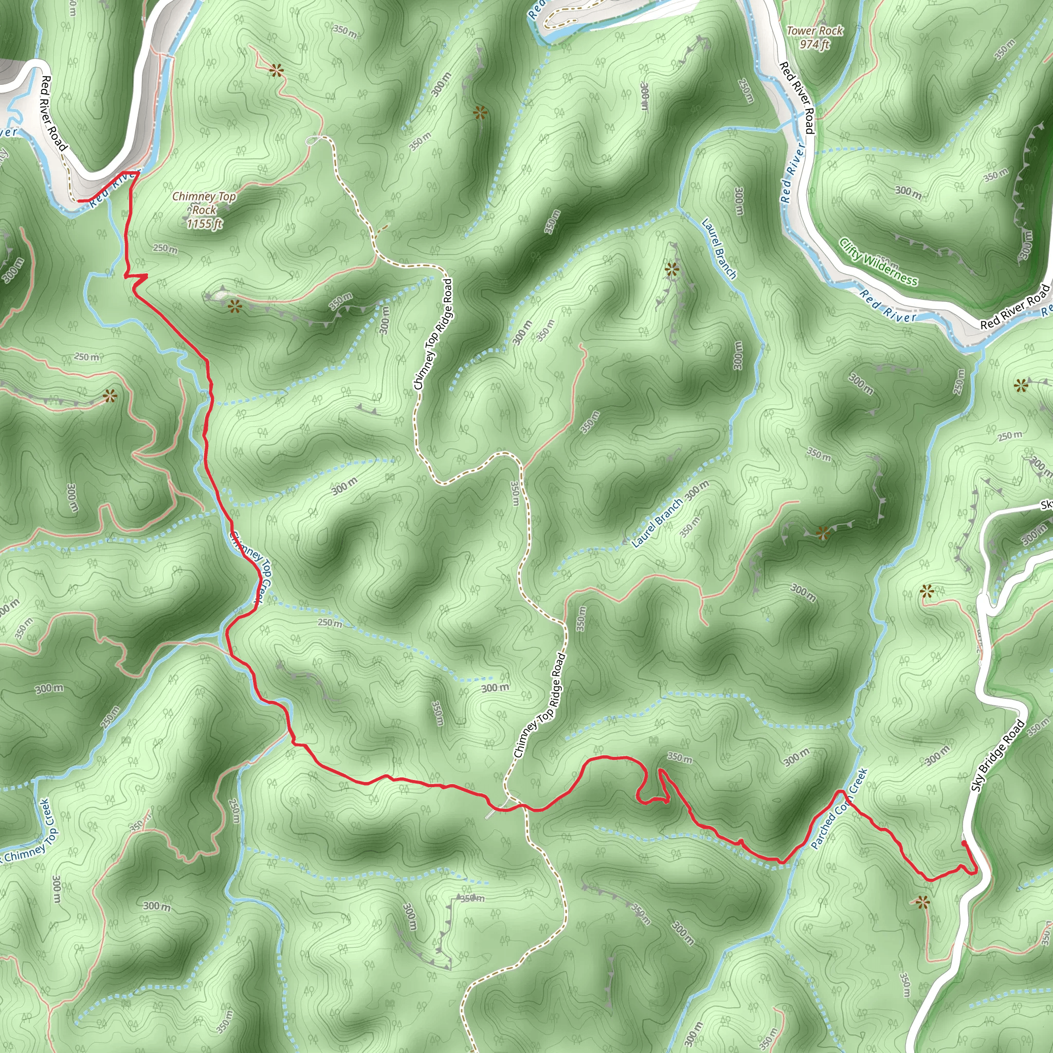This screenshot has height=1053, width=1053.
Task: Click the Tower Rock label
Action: tap(814, 31)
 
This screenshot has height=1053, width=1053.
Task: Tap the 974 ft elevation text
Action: tap(814, 44)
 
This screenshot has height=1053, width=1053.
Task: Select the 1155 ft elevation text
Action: tap(205, 224)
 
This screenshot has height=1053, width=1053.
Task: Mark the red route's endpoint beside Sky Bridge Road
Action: tap(964, 843)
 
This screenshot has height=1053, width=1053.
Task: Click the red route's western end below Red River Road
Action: tap(80, 201)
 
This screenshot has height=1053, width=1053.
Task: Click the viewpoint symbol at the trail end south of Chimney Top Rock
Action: tap(234, 307)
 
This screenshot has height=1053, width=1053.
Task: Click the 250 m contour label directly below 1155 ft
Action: tap(165, 249)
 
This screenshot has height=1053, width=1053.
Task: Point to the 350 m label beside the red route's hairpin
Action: tap(680, 757)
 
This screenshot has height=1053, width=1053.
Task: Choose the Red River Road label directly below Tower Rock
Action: tap(797, 98)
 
